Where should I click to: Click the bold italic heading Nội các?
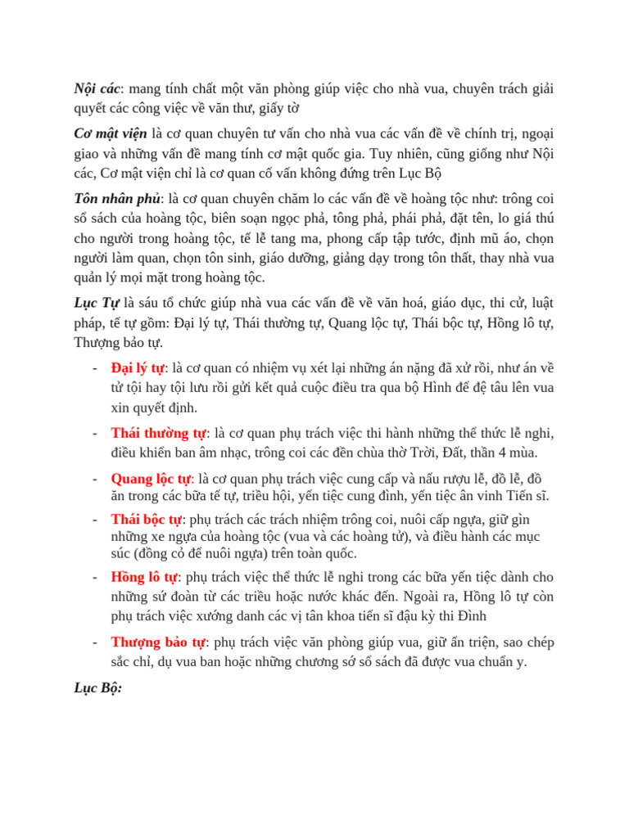pos(97,88)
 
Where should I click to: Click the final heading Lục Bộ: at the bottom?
pos(97,688)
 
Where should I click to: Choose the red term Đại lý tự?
pos(138,368)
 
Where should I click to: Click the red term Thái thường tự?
pos(158,433)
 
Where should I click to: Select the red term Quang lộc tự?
pos(151,479)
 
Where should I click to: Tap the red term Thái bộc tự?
pos(147,519)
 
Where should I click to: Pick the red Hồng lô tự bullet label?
pos(144,577)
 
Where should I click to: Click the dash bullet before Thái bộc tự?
pos(96,519)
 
